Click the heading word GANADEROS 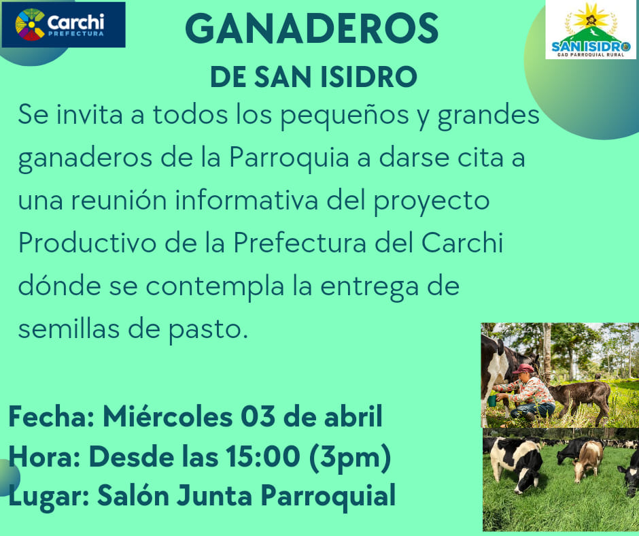[x=312, y=28]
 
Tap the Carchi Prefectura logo [x=64, y=24]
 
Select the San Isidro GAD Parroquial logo [x=591, y=29]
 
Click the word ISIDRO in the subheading [x=369, y=77]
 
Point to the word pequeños [x=345, y=116]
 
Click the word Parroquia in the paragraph [x=289, y=157]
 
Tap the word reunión [x=119, y=200]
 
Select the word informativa [x=247, y=200]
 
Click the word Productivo [x=87, y=243]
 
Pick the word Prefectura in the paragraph [x=300, y=243]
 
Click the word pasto [x=208, y=331]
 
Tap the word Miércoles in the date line [x=167, y=416]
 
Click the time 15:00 [x=263, y=456]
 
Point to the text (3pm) [x=350, y=457]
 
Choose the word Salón [x=133, y=496]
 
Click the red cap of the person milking [x=523, y=369]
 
